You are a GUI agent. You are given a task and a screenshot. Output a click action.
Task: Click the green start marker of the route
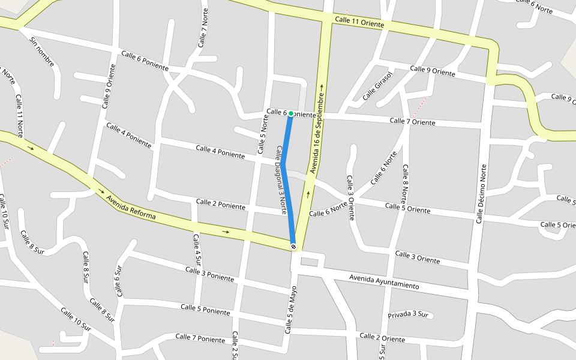coord(291,113)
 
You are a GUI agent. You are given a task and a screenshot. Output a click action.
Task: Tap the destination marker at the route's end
coord(293,246)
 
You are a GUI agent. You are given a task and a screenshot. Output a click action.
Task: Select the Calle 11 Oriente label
coord(359,22)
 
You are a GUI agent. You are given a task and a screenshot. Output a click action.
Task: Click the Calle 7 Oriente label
coord(412,122)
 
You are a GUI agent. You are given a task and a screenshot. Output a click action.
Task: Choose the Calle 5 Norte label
coord(262,133)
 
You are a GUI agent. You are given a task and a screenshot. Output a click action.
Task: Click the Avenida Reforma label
coord(131,207)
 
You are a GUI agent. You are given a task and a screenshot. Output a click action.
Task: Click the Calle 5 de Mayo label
coord(291,310)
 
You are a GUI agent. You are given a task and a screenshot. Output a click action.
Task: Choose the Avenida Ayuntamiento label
coord(384,281)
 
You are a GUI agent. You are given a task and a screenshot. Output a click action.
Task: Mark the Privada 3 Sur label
coord(408,314)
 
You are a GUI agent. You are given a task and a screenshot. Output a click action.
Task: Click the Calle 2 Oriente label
coord(382,338)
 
